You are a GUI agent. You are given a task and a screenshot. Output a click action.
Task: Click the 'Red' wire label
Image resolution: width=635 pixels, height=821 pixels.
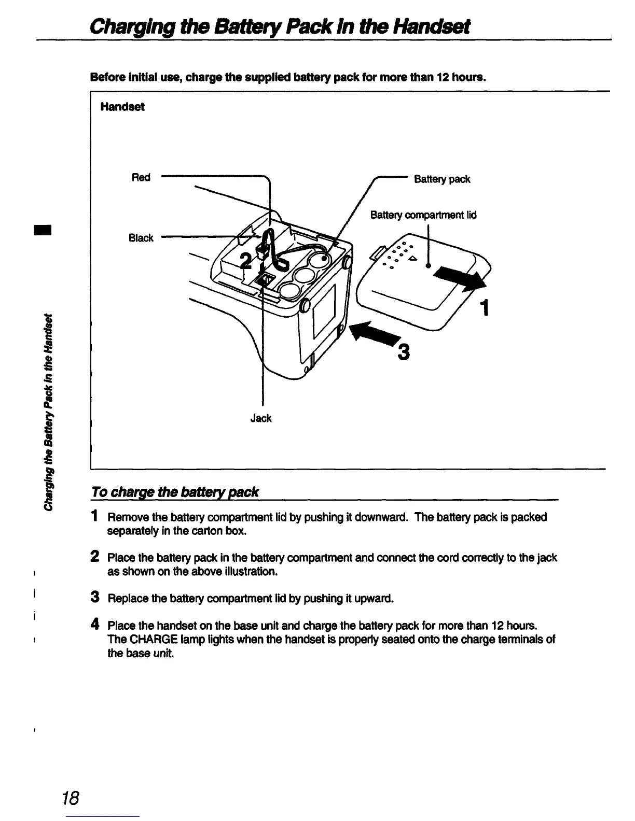(141, 177)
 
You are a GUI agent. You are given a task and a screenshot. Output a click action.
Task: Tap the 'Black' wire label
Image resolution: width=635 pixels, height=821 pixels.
(141, 238)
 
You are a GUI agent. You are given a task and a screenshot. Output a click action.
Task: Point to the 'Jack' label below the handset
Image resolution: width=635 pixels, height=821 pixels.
(260, 418)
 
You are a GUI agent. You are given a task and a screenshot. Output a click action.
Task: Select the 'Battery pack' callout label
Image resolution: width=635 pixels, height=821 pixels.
(442, 179)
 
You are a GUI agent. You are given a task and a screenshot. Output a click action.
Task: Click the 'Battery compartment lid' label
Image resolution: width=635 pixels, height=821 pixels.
(423, 215)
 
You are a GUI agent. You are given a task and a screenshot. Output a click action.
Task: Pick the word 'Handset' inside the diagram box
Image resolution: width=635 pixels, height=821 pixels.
(122, 107)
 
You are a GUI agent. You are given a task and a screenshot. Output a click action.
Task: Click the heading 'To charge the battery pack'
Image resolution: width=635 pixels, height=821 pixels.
(175, 491)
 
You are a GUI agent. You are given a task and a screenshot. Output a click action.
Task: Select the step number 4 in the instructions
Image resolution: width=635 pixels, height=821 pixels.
(94, 624)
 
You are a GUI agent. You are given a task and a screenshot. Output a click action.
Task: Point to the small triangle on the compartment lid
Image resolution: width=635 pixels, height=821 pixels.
(412, 258)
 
